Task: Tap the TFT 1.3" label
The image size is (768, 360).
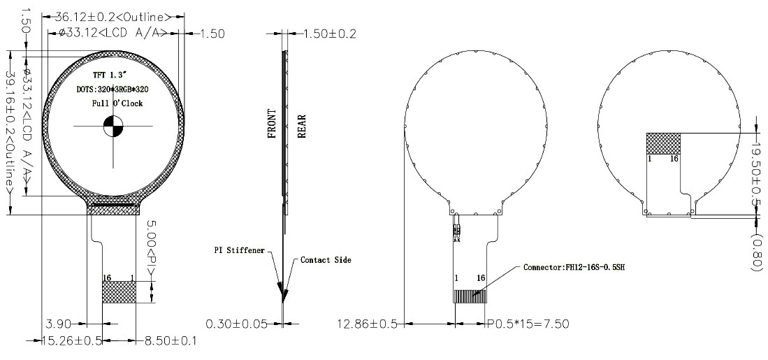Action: point(114,75)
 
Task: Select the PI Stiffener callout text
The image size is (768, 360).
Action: point(240,249)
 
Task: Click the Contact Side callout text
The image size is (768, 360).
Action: point(326,260)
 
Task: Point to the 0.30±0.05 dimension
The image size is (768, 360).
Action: point(238,324)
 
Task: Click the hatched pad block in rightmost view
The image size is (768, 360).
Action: point(663,143)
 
